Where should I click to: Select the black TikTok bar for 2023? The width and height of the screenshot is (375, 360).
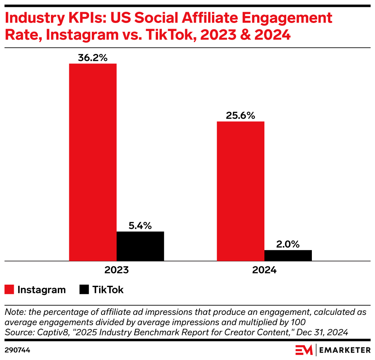140,246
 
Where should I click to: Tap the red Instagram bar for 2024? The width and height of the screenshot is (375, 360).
240,191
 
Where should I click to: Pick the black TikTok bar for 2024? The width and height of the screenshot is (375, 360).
288,255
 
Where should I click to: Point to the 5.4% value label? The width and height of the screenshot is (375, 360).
140,225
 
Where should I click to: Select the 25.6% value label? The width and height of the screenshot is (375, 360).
240,115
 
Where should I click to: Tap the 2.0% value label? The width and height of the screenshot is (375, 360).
288,244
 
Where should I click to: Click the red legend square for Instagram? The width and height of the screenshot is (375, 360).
10,290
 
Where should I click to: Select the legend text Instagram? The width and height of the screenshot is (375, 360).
41,290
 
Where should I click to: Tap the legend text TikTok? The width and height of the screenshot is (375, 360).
108,290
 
